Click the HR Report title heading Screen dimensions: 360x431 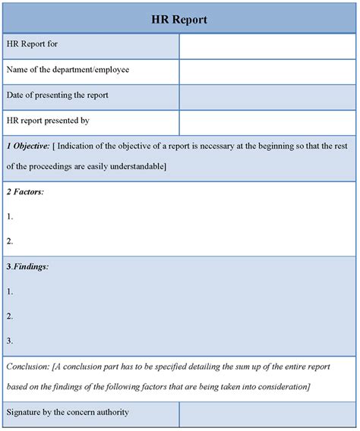(x=180, y=19)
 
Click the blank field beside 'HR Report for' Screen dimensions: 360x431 (x=268, y=46)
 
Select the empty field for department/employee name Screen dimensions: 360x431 (x=268, y=71)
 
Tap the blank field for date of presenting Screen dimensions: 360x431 (x=268, y=96)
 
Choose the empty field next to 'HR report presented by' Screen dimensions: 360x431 (x=268, y=121)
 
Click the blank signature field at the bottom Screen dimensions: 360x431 (x=268, y=414)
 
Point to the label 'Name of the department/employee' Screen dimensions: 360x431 (x=68, y=70)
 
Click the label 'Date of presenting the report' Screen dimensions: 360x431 (x=58, y=96)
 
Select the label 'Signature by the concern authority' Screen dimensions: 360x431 (x=68, y=412)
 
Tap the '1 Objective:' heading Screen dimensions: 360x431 (x=28, y=145)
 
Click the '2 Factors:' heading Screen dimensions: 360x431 (x=25, y=192)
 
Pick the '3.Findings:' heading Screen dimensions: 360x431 (x=28, y=266)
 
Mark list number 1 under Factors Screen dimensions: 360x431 (x=10, y=216)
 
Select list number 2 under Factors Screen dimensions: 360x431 (x=10, y=241)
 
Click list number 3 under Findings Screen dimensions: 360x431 (x=10, y=341)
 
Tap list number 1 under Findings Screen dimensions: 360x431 (x=10, y=291)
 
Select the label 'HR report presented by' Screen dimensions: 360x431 (x=49, y=120)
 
